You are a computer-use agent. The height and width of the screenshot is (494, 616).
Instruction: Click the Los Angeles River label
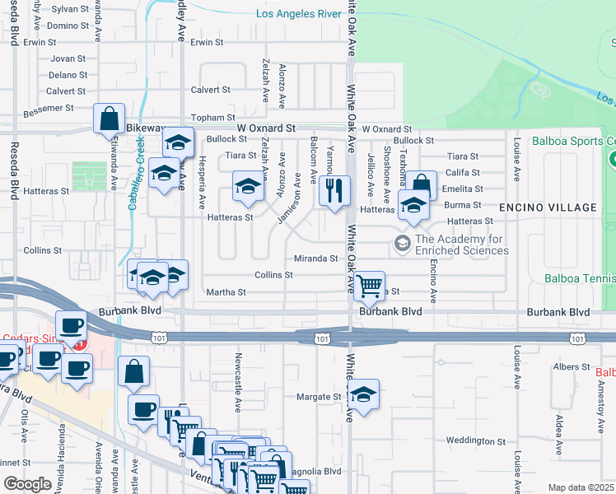pos(298,14)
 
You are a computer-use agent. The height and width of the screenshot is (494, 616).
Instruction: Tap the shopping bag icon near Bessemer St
pos(110,119)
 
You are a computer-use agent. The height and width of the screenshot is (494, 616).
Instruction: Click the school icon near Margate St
pos(363,394)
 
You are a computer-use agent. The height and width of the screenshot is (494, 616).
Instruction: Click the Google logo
pos(27,483)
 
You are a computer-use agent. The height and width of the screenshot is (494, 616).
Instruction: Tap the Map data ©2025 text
pos(581,487)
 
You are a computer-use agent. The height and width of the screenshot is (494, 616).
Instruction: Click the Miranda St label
pos(316,259)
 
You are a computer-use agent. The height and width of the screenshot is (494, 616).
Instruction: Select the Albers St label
pos(572,366)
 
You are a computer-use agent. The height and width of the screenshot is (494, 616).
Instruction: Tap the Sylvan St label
pos(70,9)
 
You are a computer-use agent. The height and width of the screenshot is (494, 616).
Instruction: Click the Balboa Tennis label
pos(580,278)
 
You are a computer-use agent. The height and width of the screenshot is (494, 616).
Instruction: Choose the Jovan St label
pos(68,59)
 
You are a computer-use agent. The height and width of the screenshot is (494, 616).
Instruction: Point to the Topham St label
pos(212,119)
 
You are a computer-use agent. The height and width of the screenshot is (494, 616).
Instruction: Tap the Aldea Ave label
pos(559,436)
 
